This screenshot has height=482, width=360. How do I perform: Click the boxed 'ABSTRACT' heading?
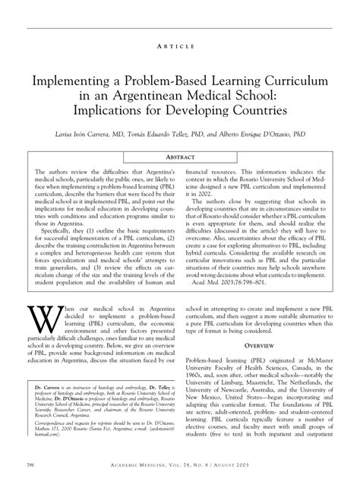[x=180, y=158]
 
